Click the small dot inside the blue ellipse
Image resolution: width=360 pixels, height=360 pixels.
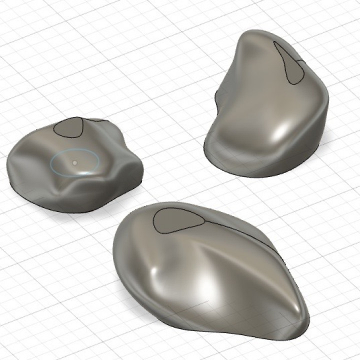[x=74, y=162]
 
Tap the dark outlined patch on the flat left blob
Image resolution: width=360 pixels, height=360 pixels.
[x=68, y=127]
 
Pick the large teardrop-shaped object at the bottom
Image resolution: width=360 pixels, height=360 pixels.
[x=210, y=270]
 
